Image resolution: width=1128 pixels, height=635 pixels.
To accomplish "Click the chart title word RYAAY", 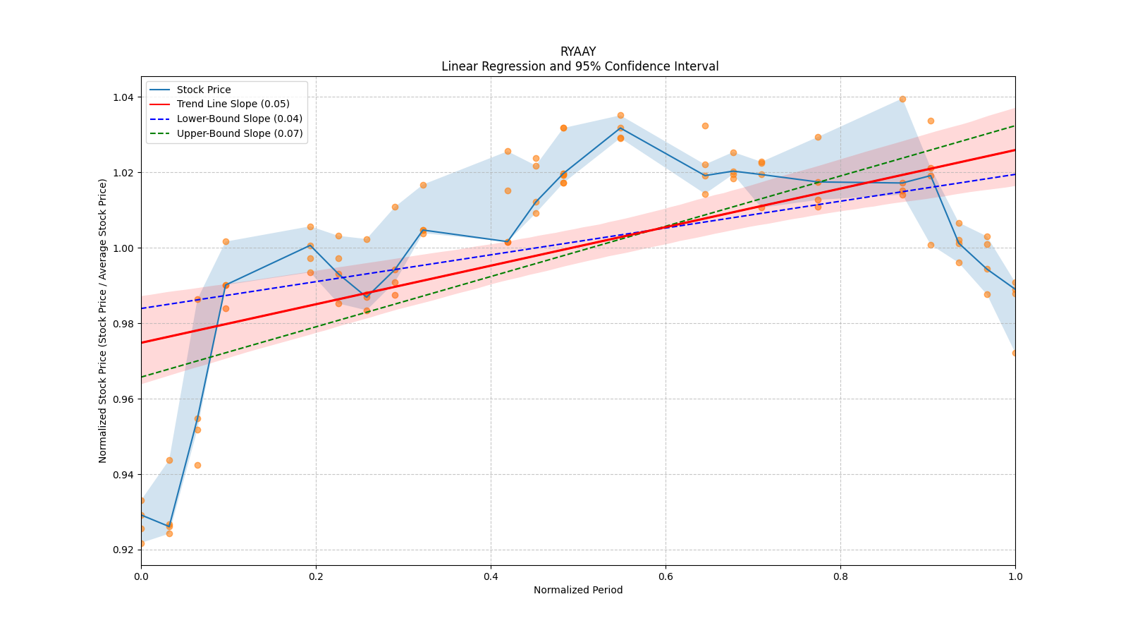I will [x=578, y=52].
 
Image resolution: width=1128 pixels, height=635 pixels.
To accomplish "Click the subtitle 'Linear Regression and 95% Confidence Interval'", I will [x=580, y=66].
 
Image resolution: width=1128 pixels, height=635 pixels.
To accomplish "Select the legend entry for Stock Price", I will [x=204, y=90].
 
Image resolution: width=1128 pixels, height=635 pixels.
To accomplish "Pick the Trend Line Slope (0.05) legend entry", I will [x=233, y=104].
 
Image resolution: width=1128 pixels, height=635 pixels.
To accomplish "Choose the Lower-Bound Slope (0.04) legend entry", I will [x=239, y=119].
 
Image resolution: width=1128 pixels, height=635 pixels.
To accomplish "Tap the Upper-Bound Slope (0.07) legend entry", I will [x=240, y=133].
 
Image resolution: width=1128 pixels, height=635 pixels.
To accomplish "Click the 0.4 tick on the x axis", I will [x=491, y=576].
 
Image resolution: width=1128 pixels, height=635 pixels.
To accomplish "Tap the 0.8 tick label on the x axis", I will [x=840, y=576].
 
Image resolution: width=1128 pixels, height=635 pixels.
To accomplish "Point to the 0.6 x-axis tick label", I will [x=666, y=576].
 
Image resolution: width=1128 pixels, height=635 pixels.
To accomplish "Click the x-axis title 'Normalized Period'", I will [x=578, y=590].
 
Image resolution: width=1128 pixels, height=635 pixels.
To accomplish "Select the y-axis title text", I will [x=103, y=321].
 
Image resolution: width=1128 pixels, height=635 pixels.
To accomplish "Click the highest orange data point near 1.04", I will [x=902, y=99].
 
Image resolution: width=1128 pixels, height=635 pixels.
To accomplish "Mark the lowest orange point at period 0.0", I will [x=141, y=543].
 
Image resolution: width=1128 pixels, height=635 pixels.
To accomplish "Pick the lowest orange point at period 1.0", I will [x=1015, y=353].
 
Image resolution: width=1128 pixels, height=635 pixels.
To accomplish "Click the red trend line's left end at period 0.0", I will [x=142, y=343].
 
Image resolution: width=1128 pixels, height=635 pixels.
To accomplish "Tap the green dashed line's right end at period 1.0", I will [x=1014, y=126].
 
